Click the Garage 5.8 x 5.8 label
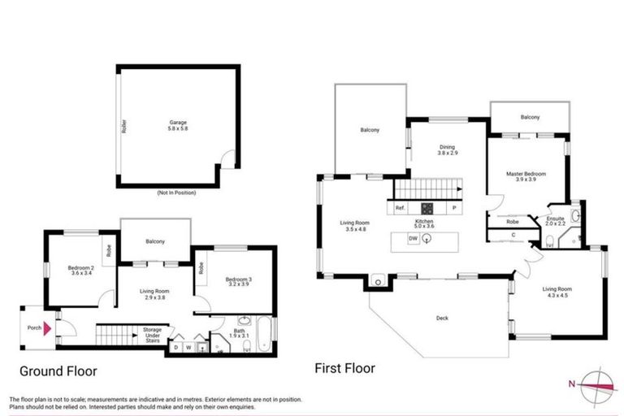click(x=177, y=126)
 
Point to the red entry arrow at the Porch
click(x=48, y=327)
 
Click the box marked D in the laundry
click(x=175, y=349)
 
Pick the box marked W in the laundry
click(x=188, y=349)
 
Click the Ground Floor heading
click(x=58, y=371)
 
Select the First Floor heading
click(x=345, y=368)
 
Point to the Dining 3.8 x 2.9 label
click(x=448, y=149)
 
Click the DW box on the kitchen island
click(x=413, y=239)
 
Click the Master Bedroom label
click(x=526, y=177)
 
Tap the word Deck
click(x=441, y=318)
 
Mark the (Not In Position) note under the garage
click(x=177, y=193)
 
